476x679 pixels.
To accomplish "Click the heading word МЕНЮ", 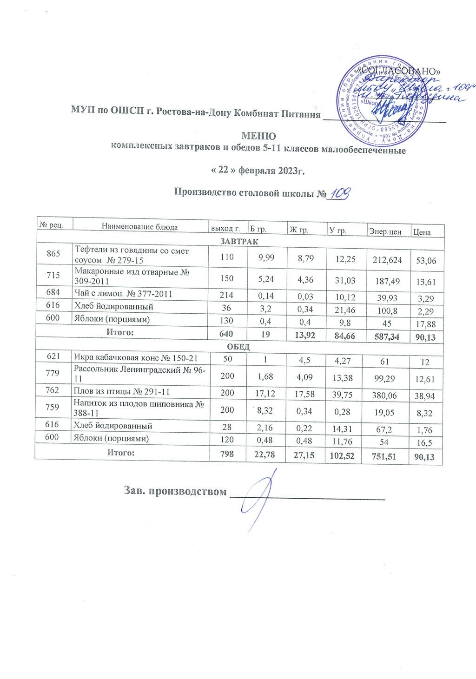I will pos(258,136).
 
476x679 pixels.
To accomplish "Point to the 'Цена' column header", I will pos(422,232).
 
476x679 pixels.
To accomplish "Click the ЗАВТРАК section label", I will pos(239,242).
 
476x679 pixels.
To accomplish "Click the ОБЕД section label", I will pos(238,347).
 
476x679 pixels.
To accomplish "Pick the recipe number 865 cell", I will pos(53,255).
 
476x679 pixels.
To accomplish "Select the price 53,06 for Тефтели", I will pos(426,261).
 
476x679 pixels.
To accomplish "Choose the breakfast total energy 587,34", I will pos(386,336).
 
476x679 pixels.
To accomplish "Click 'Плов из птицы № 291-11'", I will pos(119,392).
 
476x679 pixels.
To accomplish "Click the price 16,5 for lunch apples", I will pos(425,442).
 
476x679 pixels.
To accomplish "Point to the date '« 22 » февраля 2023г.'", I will pos(258,171).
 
